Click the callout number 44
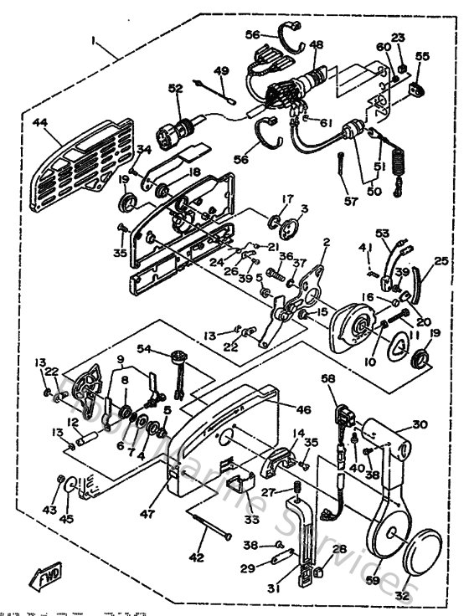pyautogui.click(x=39, y=122)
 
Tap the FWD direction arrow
pyautogui.click(x=40, y=577)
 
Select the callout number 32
pyautogui.click(x=403, y=595)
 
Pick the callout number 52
pyautogui.click(x=175, y=89)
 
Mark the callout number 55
pyautogui.click(x=422, y=56)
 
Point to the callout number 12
pyautogui.click(x=73, y=421)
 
